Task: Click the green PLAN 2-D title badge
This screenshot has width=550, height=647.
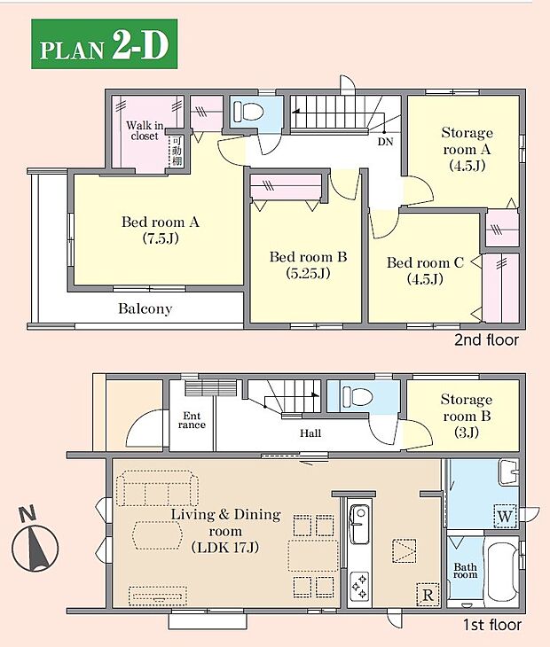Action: coord(105,43)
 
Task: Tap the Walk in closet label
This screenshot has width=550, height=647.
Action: coord(145,130)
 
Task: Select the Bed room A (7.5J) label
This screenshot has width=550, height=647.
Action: coord(161,230)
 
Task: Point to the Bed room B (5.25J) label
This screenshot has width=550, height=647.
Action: coord(308,265)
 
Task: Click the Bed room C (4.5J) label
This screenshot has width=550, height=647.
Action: coord(425,270)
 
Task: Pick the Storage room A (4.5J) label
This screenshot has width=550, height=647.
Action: coord(467,149)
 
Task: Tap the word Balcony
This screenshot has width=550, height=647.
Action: coord(145,308)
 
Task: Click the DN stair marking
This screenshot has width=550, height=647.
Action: coord(385,142)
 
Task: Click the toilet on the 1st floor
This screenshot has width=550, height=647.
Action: coord(357,396)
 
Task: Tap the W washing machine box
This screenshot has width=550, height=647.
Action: coord(506,516)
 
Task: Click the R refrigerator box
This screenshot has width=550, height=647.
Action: coord(428,595)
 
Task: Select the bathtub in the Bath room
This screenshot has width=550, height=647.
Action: coord(502,572)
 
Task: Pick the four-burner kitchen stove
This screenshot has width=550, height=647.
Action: coord(359,586)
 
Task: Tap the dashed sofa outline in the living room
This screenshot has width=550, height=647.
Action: coord(157,490)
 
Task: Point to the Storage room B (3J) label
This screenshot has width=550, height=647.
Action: coord(467,416)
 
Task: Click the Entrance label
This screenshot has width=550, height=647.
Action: coord(192,420)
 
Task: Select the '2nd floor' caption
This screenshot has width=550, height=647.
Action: coord(486,340)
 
